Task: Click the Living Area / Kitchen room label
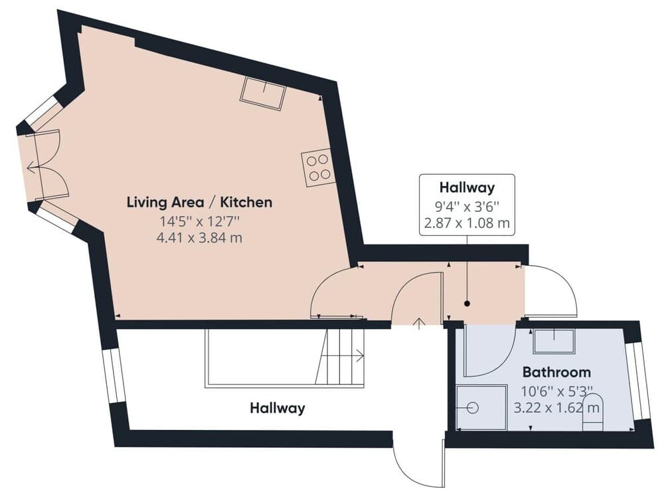click(199, 202)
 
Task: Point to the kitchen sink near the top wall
click(263, 92)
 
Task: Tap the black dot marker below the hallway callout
click(467, 304)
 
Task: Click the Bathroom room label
click(556, 371)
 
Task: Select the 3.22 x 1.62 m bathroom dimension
click(556, 405)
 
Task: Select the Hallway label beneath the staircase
click(277, 408)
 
